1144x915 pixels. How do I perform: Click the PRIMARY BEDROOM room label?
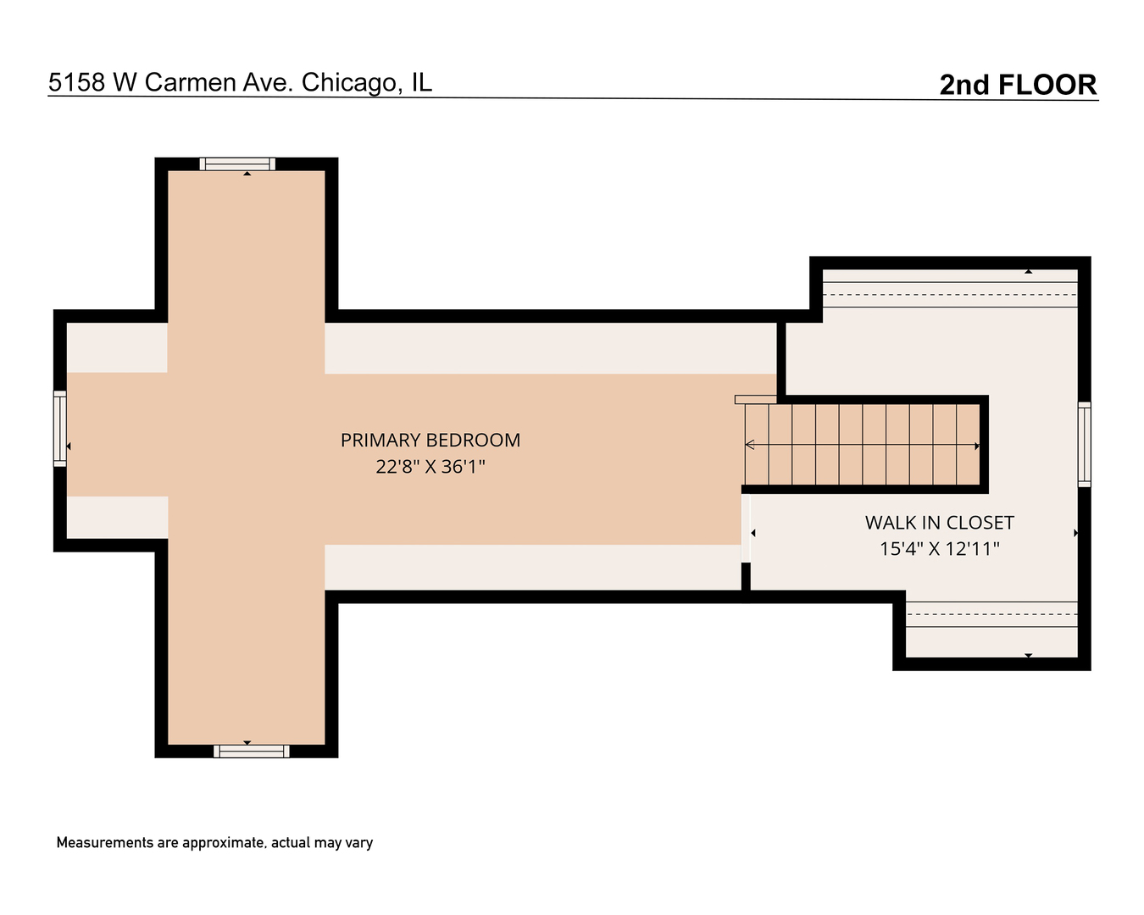coord(430,441)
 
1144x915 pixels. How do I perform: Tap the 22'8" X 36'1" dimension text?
coord(430,467)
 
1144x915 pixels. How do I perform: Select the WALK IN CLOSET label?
coord(939,523)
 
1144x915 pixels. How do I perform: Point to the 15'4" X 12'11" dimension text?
coord(939,549)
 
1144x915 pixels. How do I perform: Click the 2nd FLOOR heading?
coord(1018,85)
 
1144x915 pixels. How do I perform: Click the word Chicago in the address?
coord(348,82)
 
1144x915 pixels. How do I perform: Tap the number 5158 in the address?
coord(77,82)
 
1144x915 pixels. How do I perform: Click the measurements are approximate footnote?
coord(214,843)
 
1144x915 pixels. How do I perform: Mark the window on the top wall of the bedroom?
coord(237,164)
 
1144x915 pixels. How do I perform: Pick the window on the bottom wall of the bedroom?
coord(251,751)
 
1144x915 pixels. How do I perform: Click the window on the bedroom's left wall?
coord(60,429)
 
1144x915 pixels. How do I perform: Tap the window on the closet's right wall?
coord(1084,444)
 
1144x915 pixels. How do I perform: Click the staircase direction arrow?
coord(862,445)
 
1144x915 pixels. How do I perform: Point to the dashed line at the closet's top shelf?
coord(949,295)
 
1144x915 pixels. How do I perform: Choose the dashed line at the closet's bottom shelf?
coord(991,614)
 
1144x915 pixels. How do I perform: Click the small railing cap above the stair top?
coord(755,400)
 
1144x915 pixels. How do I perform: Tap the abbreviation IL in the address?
coord(421,82)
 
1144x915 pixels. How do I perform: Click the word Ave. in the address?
coord(268,82)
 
